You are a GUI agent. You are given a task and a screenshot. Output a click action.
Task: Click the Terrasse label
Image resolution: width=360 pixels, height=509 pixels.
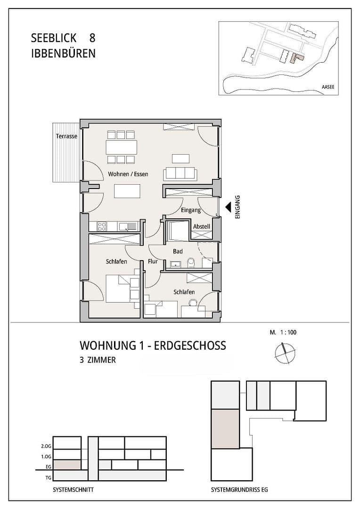[66, 136]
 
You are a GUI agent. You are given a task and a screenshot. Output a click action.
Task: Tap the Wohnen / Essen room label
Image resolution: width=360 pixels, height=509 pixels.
[128, 174]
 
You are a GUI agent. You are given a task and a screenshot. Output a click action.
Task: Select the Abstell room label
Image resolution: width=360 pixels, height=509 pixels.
[201, 227]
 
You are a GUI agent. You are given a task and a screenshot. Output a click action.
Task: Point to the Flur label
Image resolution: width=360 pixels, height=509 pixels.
[152, 261]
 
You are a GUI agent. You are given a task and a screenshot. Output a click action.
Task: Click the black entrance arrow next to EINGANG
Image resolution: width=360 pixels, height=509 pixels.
[228, 206]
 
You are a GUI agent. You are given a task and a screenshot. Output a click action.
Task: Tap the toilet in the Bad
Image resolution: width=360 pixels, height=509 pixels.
[191, 262]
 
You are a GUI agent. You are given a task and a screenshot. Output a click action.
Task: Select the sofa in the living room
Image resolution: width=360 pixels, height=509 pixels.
[180, 173]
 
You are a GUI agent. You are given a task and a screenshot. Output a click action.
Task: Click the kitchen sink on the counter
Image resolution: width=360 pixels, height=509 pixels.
[127, 227]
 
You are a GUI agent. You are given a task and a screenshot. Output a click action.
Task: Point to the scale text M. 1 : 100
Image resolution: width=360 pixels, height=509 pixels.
[283, 332]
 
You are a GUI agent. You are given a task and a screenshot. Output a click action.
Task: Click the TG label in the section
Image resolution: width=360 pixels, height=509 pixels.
[48, 477]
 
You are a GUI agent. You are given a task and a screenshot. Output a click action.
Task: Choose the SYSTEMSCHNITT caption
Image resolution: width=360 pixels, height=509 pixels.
[74, 490]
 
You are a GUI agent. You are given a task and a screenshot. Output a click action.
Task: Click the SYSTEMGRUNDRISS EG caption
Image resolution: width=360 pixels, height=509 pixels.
[239, 490]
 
